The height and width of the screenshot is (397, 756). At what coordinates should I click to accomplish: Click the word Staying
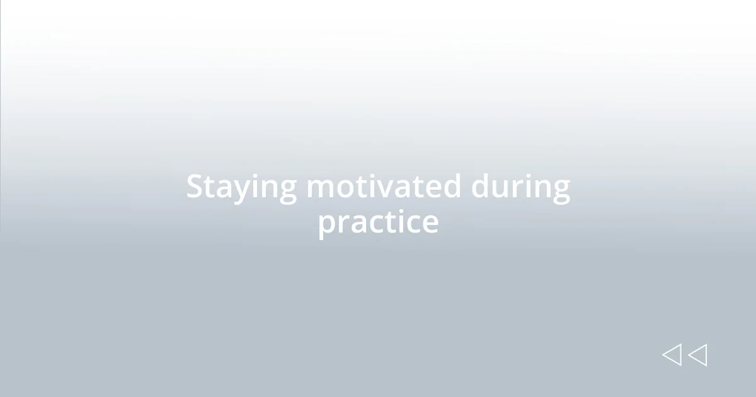[x=241, y=188]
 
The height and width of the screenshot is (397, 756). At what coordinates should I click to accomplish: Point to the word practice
[x=378, y=222]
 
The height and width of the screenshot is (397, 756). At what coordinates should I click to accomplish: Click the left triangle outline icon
[x=672, y=355]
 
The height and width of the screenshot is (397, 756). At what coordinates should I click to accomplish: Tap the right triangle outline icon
[x=697, y=355]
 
